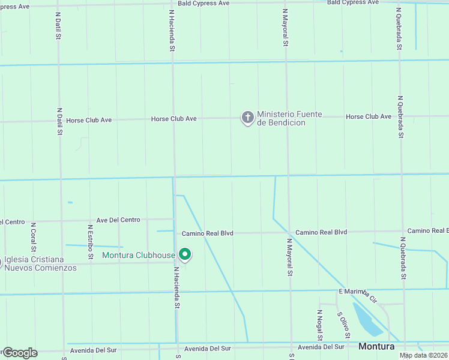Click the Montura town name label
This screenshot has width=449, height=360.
tap(376, 347)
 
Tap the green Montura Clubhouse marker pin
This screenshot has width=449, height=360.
tap(185, 255)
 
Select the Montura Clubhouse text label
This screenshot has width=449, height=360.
tap(139, 256)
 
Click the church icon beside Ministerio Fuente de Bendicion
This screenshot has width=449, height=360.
tap(247, 118)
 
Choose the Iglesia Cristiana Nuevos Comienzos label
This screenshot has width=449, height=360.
tap(40, 263)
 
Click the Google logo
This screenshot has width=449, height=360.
tap(19, 353)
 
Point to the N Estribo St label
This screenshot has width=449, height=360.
tap(90, 242)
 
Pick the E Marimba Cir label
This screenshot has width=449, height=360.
tap(357, 293)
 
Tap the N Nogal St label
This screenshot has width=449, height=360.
tap(320, 325)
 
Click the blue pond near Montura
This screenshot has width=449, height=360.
tap(367, 319)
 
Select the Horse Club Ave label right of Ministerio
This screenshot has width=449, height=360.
tap(369, 116)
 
